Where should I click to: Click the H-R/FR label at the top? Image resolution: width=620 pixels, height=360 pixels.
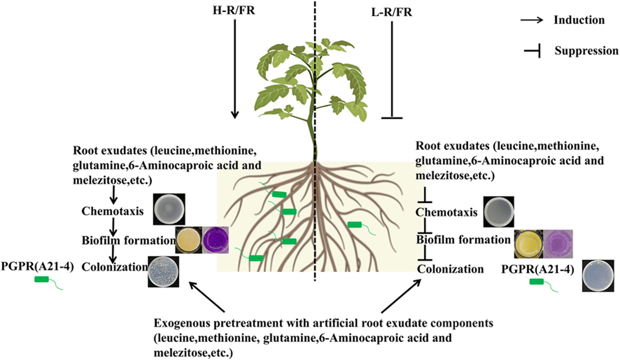[233, 10]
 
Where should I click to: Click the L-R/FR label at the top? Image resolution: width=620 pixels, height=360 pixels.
[391, 12]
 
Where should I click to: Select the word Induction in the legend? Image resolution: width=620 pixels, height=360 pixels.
[579, 20]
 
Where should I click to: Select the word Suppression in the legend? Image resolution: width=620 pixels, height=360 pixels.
[586, 51]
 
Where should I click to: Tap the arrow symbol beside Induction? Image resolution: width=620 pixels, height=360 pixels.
[531, 20]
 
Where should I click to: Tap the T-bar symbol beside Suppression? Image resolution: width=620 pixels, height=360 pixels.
[532, 51]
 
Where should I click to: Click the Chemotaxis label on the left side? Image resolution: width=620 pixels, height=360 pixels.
[112, 211]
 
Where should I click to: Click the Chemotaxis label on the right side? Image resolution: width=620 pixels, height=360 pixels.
[446, 212]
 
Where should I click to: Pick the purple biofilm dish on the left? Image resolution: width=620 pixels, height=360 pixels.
[216, 240]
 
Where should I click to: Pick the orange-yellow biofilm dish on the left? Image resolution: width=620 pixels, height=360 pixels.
[188, 240]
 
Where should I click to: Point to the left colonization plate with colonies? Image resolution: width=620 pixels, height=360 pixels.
[163, 271]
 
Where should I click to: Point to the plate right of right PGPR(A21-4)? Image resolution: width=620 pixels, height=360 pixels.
[598, 276]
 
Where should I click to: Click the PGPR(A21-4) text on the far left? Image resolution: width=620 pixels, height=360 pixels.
[37, 267]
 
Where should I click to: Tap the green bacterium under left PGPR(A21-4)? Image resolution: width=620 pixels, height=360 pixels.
[42, 279]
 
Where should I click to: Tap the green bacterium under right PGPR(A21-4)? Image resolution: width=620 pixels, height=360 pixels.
[537, 282]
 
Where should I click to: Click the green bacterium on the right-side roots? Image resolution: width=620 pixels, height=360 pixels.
[354, 225]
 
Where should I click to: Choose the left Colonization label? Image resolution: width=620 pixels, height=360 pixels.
[114, 267]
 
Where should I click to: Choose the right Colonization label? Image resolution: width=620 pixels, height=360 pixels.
[450, 269]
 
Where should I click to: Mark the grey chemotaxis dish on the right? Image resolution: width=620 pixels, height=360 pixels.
[499, 212]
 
